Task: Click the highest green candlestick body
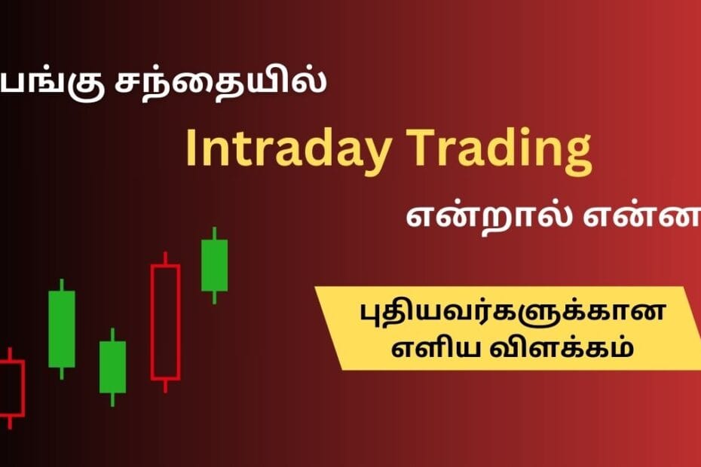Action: [214, 264]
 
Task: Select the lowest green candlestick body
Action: [112, 367]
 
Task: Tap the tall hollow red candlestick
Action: [165, 321]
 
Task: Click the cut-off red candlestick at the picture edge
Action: [11, 388]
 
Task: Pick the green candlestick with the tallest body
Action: [62, 328]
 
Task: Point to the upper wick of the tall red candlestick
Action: [165, 258]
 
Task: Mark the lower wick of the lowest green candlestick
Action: [112, 399]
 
